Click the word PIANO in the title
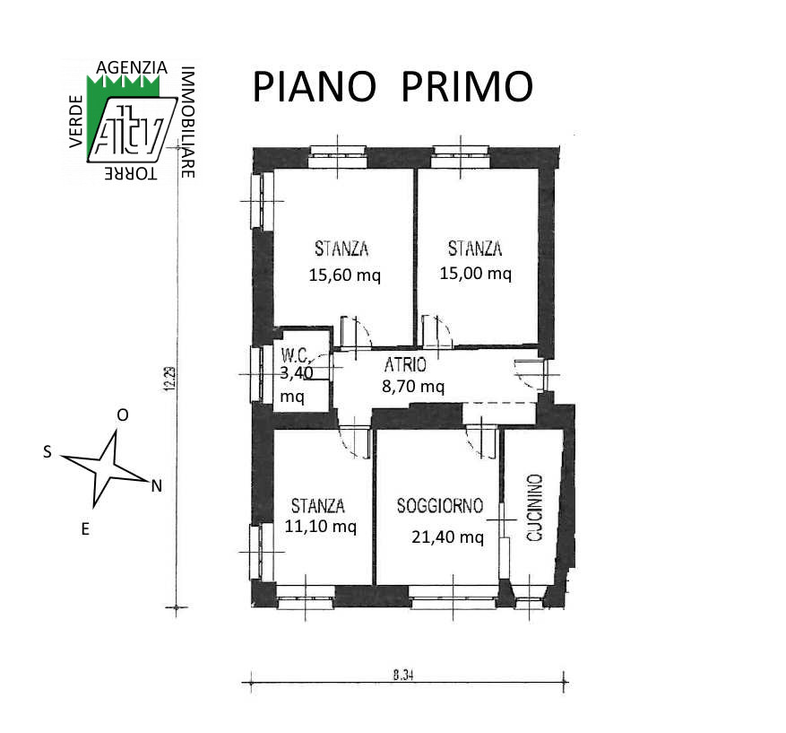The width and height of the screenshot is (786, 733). tap(315, 87)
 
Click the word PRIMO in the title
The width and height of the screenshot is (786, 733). tap(467, 87)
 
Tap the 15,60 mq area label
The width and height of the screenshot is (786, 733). tap(344, 275)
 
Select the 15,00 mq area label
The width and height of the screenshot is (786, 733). tap(475, 274)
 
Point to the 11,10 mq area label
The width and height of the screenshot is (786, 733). tap(320, 527)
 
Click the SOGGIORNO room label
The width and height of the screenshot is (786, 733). tap(440, 506)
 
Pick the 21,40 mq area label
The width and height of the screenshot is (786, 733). tap(447, 537)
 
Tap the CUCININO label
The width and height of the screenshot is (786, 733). tap(535, 508)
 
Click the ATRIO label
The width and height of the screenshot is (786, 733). tap(405, 365)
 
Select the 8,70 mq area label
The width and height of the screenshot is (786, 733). tap(413, 387)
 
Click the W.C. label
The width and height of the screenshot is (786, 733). tap(295, 355)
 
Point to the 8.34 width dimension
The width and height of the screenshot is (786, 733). tap(403, 676)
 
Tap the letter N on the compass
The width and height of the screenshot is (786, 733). tap(157, 486)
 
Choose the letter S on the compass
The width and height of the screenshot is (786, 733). tap(48, 451)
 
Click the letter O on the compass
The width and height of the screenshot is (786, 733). tap(122, 414)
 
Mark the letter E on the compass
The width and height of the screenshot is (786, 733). tap(85, 528)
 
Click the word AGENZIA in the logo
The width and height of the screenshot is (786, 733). tap(132, 67)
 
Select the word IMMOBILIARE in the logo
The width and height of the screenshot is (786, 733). tap(187, 122)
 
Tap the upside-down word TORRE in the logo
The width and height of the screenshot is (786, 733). tap(131, 173)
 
